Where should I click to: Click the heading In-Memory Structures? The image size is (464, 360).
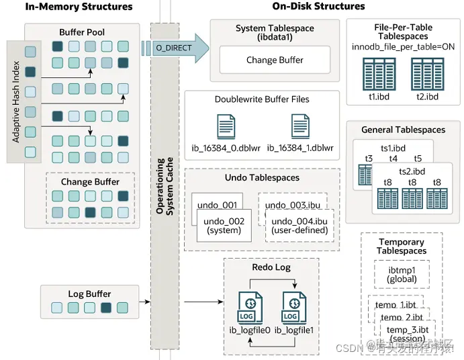coord(70,7)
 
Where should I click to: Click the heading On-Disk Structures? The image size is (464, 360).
coord(318,7)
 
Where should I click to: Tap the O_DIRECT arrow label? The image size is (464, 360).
coord(173,48)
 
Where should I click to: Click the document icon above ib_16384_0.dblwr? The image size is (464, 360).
coord(226,127)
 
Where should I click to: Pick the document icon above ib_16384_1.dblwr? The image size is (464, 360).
coord(300,127)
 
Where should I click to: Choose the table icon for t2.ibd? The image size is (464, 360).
coord(426,74)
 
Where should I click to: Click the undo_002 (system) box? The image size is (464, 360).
coord(224,226)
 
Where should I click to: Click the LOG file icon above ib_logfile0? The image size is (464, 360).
coord(249,309)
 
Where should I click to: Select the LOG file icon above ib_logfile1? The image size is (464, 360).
coord(290,309)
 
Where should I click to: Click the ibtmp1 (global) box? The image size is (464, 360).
coord(402,274)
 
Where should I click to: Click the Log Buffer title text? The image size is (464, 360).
coord(89,294)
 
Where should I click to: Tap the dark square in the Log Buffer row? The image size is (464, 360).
coord(105,308)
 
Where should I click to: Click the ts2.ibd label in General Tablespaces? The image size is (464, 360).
coord(412,171)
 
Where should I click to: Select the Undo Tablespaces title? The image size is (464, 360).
coord(263,178)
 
